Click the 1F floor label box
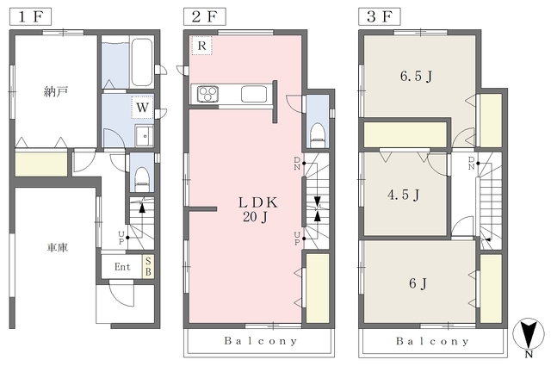coord(30,16)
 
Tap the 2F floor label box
coord(205,16)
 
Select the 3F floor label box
coord(380,16)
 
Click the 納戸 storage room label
coord(55,92)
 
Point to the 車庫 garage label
coord(58,248)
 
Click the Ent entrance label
coord(122,267)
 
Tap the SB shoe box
coord(148,266)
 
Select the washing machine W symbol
coord(142,107)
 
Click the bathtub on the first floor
coord(141,63)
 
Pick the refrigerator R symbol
coord(201,46)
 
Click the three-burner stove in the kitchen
coord(208,94)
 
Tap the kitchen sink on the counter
coord(254,94)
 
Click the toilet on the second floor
coord(318,135)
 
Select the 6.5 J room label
coord(416,76)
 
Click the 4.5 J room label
coord(404,195)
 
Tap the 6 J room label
coord(418,283)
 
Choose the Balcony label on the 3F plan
coord(432,341)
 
